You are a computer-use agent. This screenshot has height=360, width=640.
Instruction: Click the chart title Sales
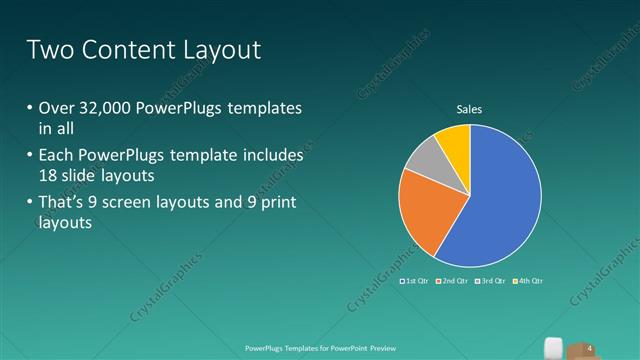pyautogui.click(x=470, y=108)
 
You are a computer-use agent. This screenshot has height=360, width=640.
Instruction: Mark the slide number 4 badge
pyautogui.click(x=589, y=348)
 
